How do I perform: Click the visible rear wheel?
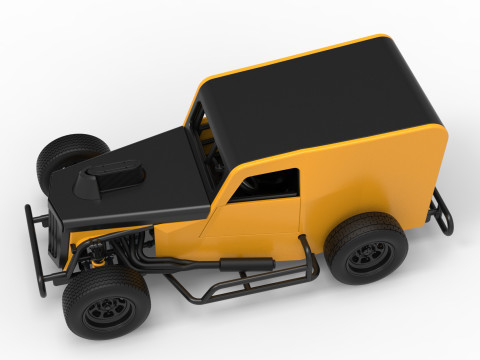tap(366, 248)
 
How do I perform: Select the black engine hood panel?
tap(140, 185)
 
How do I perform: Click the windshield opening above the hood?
tap(205, 150)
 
